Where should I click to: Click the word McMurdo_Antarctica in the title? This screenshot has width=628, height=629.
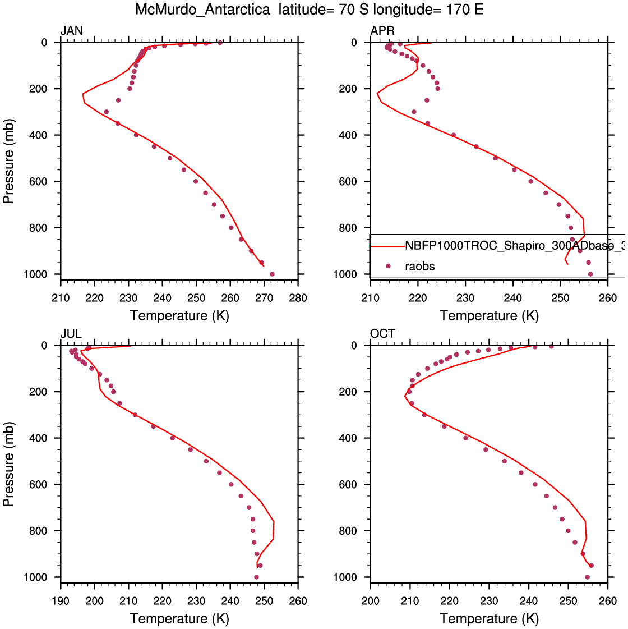click(202, 10)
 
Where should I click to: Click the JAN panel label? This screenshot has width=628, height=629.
click(71, 31)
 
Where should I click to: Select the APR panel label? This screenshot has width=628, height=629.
click(382, 31)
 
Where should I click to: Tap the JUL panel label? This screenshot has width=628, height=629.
click(71, 334)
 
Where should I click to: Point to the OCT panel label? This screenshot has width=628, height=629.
click(382, 334)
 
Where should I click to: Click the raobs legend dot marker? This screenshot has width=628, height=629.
click(388, 266)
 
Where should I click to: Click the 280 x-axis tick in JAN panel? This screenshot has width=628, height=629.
click(298, 298)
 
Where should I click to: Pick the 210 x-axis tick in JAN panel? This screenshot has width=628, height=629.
click(61, 298)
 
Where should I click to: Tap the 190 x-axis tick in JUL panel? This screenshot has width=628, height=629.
click(61, 601)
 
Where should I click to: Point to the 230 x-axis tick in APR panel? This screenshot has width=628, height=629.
click(465, 298)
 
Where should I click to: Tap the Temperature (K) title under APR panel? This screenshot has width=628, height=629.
click(489, 316)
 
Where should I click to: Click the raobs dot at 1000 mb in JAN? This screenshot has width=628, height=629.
click(272, 274)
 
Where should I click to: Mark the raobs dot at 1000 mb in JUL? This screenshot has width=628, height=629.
click(256, 577)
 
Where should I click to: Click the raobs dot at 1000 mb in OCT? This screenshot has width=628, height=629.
click(587, 577)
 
